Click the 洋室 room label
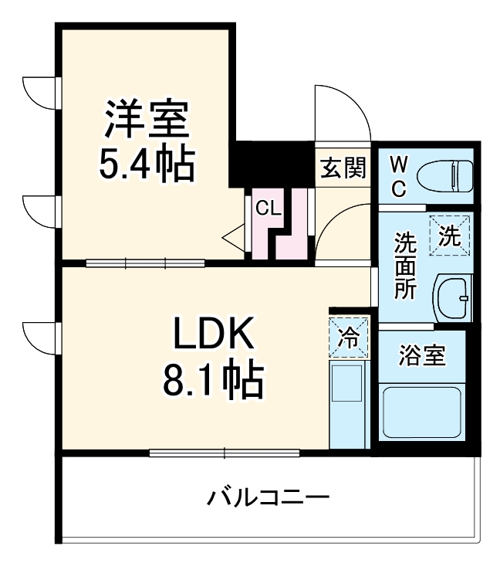coord(147,117)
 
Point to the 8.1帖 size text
coord(212,379)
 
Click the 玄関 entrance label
coord(343,168)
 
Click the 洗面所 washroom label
coord(406,266)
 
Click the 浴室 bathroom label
coord(421,357)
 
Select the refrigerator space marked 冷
coord(349,337)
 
